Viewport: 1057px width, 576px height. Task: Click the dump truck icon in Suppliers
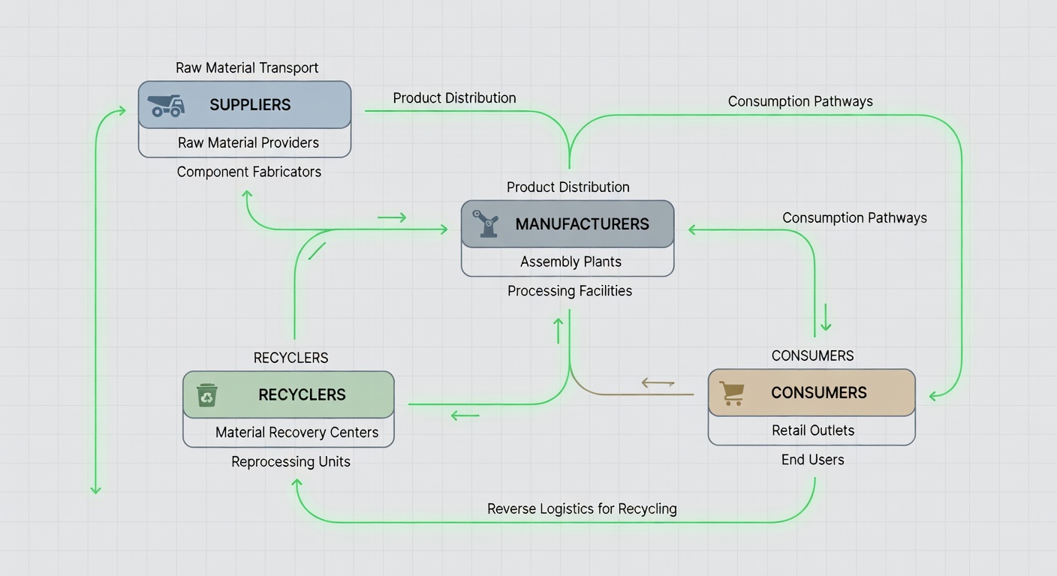point(166,106)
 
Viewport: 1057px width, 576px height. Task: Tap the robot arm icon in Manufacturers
point(486,223)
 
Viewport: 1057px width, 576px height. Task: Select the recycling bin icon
point(207,395)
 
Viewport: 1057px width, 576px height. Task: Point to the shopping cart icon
point(732,393)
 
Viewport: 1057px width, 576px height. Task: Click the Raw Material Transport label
point(247,68)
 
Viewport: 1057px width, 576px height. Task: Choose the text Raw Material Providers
point(248,142)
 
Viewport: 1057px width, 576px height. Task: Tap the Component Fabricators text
point(248,172)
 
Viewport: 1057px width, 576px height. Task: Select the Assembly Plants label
point(571,262)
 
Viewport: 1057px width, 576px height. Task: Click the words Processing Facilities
point(570,291)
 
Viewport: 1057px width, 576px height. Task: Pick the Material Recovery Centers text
point(297,432)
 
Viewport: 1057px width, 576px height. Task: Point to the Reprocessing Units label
point(291,461)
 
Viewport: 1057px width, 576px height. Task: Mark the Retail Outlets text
point(813,430)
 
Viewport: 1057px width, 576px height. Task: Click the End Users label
point(812,460)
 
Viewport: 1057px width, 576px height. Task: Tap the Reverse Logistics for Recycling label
point(582,509)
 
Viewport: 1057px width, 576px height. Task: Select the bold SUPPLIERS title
point(250,105)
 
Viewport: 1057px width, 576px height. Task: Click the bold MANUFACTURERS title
point(583,224)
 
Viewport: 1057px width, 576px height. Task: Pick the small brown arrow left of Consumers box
point(658,382)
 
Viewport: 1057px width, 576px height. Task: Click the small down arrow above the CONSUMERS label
point(826,317)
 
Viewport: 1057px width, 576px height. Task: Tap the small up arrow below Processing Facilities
point(559,331)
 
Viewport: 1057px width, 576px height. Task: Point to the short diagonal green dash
point(317,251)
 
